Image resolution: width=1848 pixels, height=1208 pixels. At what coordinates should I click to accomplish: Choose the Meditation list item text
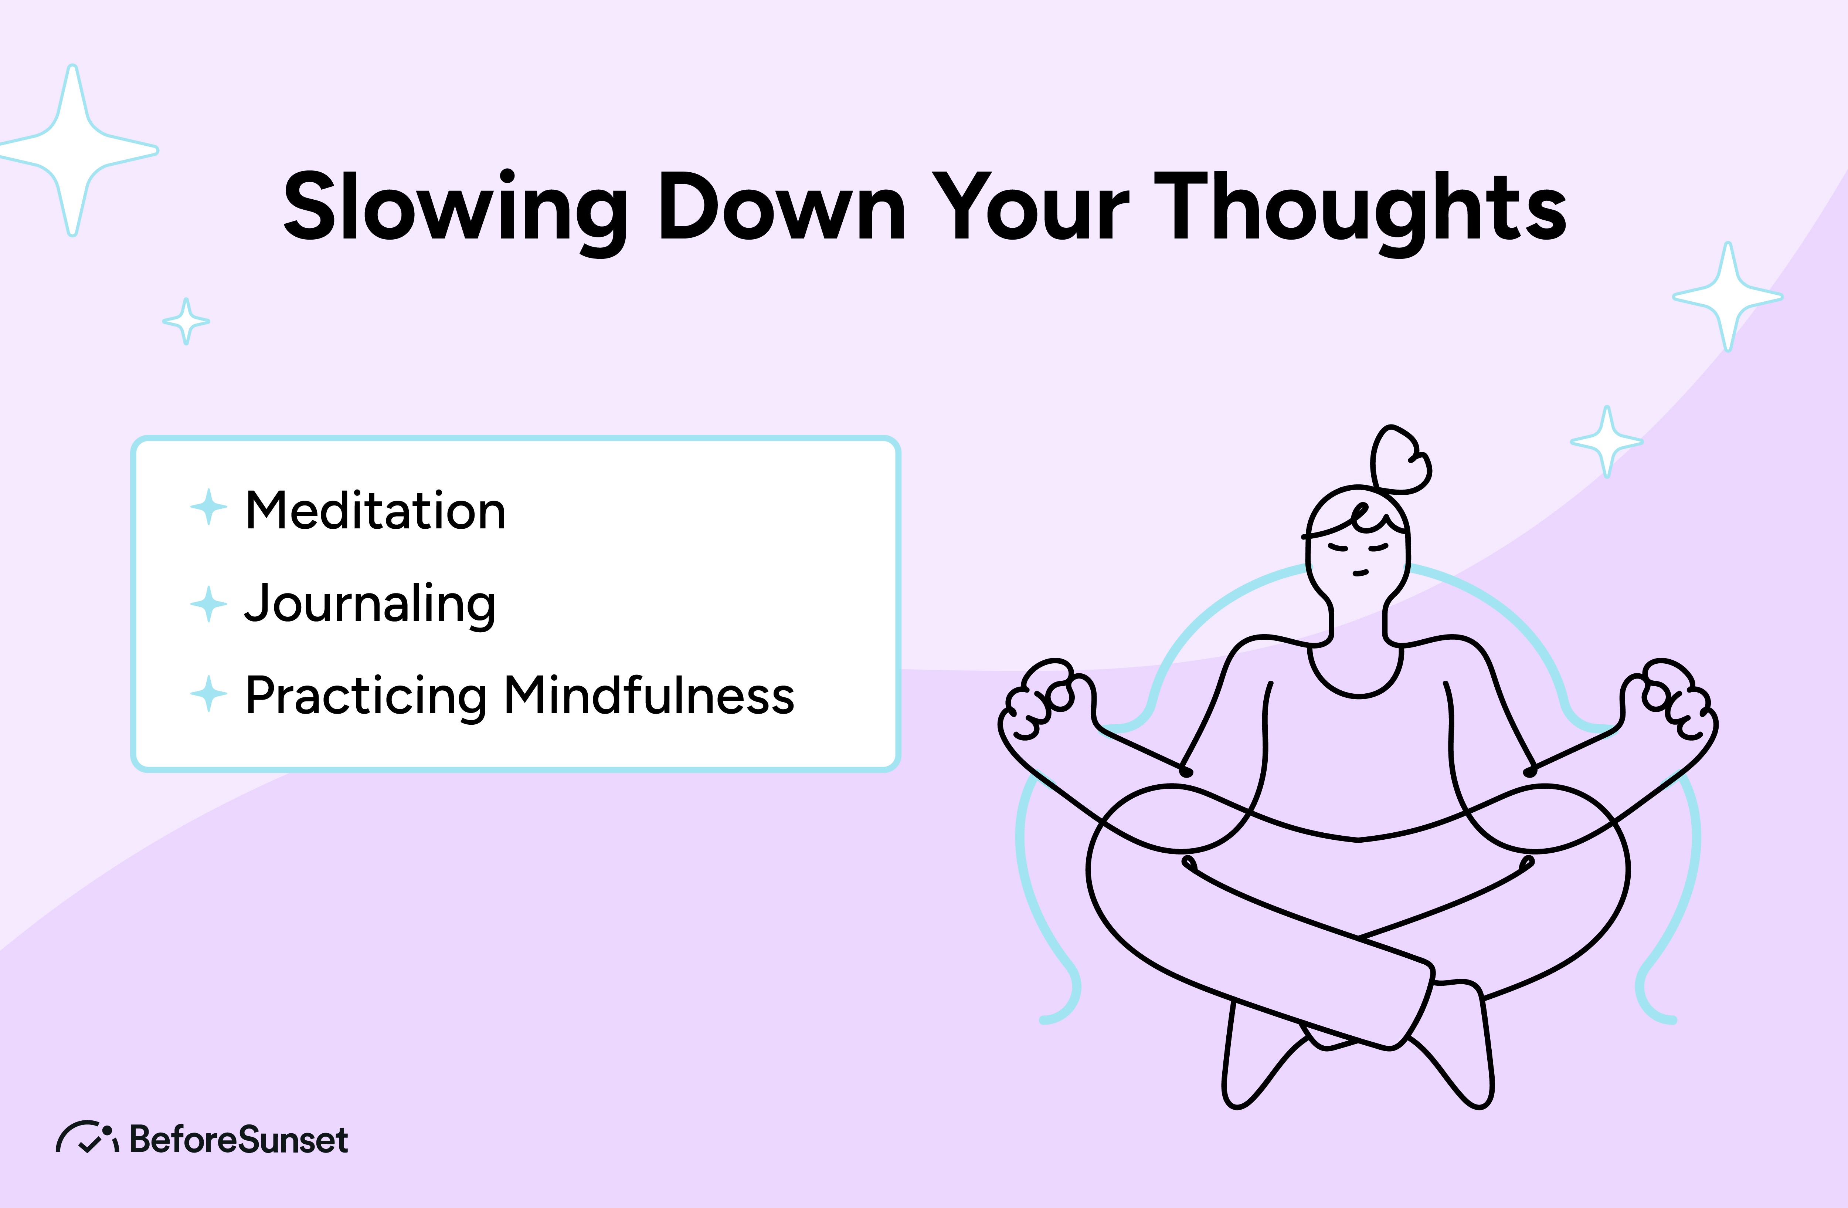[375, 511]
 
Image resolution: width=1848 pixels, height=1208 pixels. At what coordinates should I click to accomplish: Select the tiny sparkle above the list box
[186, 321]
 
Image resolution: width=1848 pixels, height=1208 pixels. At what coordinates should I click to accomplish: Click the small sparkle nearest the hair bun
[1607, 441]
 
